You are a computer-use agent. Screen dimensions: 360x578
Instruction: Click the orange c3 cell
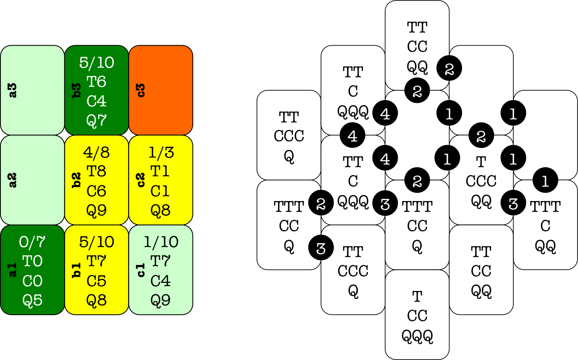161,90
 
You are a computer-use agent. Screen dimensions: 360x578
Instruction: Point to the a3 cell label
13,90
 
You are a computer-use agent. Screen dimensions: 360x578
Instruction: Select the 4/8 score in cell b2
96,152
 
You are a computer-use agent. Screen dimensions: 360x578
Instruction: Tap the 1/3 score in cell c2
160,152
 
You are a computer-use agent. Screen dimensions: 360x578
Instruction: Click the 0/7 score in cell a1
33,242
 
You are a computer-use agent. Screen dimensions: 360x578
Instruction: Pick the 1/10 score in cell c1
160,242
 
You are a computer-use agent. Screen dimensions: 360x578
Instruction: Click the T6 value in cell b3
96,82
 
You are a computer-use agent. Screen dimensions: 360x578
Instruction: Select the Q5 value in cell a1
33,300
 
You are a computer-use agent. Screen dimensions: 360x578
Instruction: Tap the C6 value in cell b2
96,191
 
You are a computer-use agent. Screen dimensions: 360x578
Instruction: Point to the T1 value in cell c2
160,172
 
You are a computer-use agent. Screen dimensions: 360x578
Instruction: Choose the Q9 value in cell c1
160,300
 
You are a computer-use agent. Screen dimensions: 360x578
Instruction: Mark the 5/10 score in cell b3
96,63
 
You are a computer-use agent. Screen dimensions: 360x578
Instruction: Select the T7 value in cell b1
96,261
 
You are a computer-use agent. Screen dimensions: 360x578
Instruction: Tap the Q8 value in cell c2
160,211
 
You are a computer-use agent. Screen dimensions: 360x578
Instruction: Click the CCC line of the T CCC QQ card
481,181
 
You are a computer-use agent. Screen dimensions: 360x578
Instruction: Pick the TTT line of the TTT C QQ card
545,207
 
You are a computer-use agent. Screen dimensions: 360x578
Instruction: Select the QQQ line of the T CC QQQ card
417,336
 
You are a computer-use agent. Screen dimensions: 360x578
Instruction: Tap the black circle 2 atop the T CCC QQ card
481,136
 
